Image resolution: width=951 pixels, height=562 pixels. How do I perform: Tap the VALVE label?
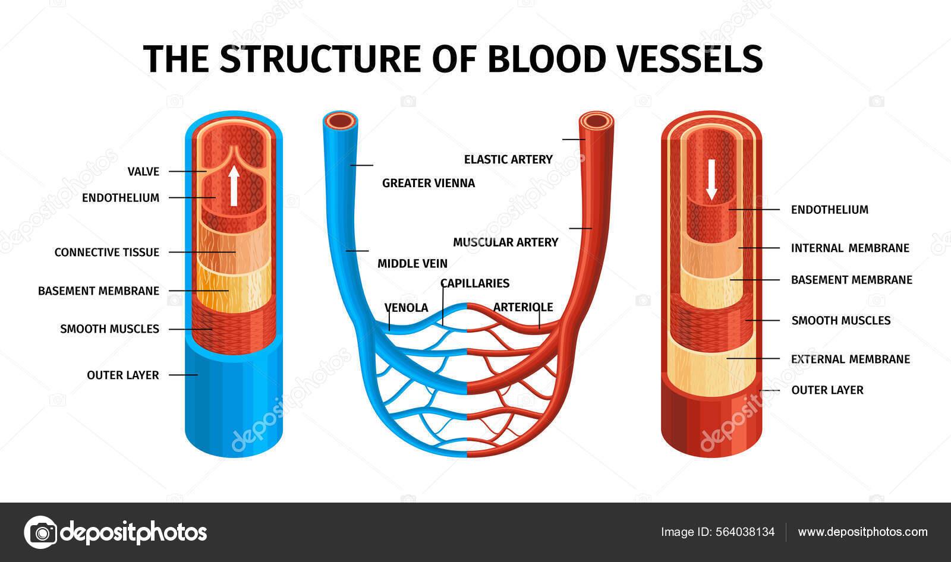click(143, 172)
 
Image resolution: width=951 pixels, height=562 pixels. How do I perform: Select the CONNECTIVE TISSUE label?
click(107, 252)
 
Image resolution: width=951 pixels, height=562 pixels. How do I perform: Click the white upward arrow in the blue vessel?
click(234, 185)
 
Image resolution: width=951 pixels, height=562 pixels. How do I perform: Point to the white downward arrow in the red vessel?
click(711, 180)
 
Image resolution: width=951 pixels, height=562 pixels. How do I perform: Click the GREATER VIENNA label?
click(429, 184)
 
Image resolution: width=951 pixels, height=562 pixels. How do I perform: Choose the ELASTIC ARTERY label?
click(508, 160)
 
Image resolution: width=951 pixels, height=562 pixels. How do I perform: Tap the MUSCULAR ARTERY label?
click(506, 242)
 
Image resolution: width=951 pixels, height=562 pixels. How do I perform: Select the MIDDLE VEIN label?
click(412, 264)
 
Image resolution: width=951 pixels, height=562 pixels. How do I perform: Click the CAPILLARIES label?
click(475, 283)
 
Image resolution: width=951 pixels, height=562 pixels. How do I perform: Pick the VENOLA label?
click(406, 308)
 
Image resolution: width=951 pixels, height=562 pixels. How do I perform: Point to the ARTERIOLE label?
click(523, 307)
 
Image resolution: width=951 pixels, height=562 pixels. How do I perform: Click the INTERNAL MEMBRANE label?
click(850, 248)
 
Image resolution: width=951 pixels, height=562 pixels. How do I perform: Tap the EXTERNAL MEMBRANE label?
click(851, 359)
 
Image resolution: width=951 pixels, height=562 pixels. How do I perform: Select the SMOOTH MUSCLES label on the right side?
click(841, 321)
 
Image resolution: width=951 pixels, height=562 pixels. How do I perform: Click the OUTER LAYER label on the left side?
click(123, 375)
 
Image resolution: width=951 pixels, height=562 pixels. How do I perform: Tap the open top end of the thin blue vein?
click(341, 121)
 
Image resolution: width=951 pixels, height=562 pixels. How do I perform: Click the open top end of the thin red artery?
click(596, 121)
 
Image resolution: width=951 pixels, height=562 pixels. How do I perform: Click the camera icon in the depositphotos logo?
click(41, 532)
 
